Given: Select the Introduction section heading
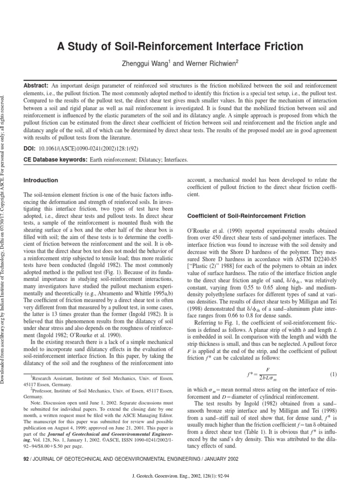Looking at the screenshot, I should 40,180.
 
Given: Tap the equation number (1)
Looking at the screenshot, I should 333,361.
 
